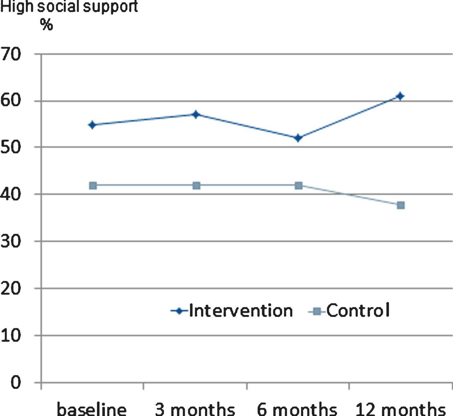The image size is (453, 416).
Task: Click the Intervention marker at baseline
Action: point(92,125)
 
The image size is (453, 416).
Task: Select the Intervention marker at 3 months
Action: point(196,115)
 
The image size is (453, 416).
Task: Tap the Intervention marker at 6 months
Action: point(298,138)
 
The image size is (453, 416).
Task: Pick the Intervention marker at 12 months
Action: point(400,96)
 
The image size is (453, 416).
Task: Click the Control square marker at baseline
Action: point(93,186)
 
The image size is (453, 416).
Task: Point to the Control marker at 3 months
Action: point(196,186)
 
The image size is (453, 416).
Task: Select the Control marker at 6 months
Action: point(299,186)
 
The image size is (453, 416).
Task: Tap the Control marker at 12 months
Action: point(401,205)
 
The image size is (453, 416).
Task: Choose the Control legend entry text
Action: point(358,310)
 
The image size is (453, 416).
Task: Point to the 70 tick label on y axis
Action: point(11,54)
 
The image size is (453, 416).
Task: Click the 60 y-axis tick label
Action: point(11,100)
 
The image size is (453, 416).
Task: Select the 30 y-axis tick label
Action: point(11,241)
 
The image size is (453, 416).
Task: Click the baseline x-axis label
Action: point(92,409)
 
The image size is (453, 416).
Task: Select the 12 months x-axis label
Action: point(401,409)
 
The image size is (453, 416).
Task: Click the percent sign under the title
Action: point(46,24)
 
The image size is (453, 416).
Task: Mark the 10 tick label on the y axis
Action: point(11,336)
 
